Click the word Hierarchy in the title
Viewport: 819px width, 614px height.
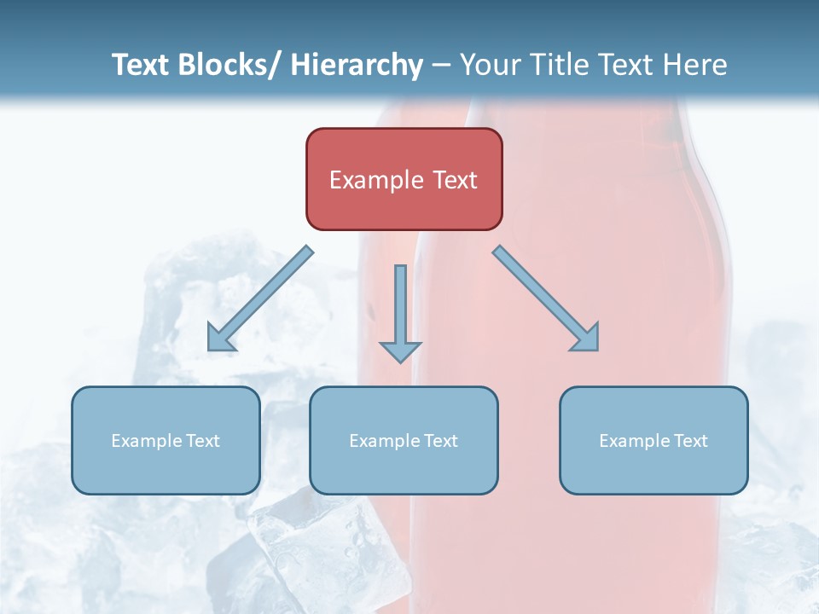point(357,65)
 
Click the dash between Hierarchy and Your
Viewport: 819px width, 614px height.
point(441,66)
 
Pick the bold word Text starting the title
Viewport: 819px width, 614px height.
point(140,65)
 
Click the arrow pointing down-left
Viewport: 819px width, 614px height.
point(260,298)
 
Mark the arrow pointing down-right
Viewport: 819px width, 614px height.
point(546,298)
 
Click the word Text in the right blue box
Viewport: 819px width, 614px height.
point(691,441)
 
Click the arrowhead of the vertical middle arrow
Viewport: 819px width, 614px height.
point(400,350)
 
